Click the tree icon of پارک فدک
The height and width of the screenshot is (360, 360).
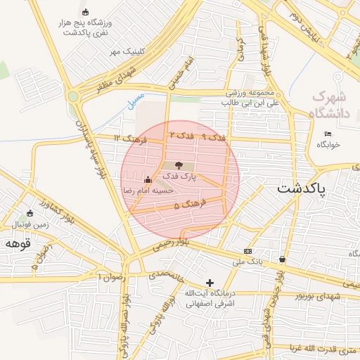point(176,165)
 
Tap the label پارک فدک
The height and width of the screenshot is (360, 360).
point(181,177)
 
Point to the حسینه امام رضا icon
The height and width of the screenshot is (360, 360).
point(148,180)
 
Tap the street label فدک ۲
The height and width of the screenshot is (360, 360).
point(181,134)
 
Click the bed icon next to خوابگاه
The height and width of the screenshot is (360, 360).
point(328,134)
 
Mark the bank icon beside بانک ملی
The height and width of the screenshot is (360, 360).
point(247,251)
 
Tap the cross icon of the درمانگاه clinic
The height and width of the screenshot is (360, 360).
point(210,282)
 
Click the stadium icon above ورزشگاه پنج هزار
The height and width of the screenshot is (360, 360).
point(86,12)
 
